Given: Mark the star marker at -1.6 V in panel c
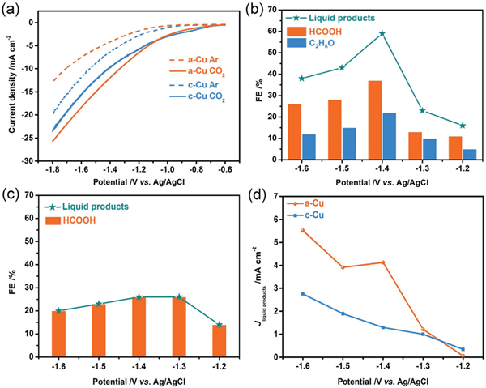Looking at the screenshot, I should [59, 310].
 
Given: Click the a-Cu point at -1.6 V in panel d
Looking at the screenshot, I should [302, 230].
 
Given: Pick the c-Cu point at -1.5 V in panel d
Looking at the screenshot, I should [343, 313].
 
